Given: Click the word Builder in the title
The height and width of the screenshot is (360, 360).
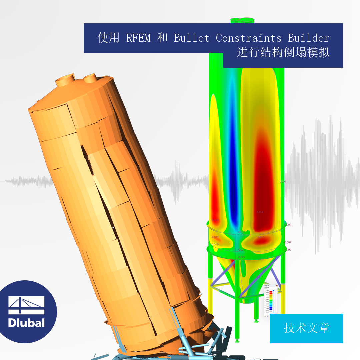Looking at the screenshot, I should pyautogui.click(x=309, y=38).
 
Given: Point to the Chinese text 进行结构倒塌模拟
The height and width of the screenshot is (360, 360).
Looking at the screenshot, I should pyautogui.click(x=283, y=53).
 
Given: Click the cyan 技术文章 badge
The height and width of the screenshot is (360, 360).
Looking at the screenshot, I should pyautogui.click(x=306, y=328).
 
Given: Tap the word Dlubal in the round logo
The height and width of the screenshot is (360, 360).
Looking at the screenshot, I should pyautogui.click(x=26, y=323).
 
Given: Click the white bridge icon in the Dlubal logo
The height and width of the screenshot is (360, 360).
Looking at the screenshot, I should pyautogui.click(x=26, y=305).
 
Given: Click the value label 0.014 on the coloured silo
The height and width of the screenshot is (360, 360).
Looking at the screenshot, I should pyautogui.click(x=260, y=212).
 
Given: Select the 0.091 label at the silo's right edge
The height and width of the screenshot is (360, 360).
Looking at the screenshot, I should pyautogui.click(x=283, y=182).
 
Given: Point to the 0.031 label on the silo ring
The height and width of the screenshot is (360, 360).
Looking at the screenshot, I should pyautogui.click(x=242, y=232).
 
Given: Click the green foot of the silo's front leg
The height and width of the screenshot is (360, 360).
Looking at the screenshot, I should pyautogui.click(x=237, y=340).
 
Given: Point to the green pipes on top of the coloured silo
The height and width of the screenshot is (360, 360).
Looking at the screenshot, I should pyautogui.click(x=243, y=20).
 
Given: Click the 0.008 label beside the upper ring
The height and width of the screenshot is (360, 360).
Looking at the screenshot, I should pyautogui.click(x=288, y=225).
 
